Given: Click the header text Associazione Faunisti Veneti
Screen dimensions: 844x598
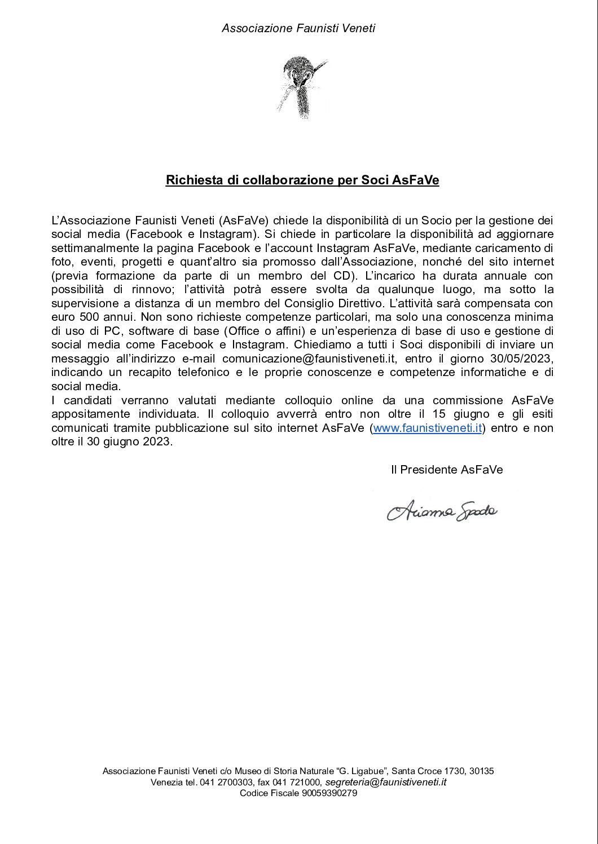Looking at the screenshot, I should point(298,28).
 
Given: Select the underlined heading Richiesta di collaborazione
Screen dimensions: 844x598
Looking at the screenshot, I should point(302,180).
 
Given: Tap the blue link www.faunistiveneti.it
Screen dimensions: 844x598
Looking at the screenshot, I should point(427,428).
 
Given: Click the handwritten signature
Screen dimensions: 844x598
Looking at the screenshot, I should point(442,511).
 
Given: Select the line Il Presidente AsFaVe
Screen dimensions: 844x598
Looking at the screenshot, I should point(446,470).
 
